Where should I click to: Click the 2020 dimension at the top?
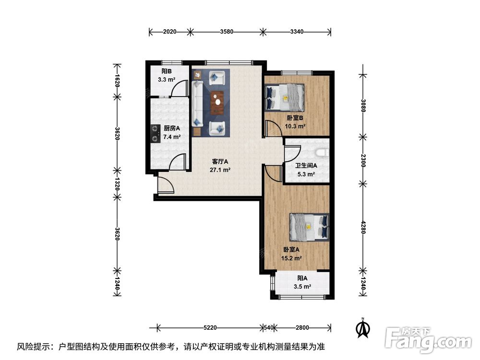[x=169, y=32]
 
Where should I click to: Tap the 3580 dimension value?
[x=227, y=32]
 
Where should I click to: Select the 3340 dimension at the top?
[x=297, y=32]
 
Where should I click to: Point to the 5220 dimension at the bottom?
[x=210, y=328]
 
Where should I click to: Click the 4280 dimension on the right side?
[x=363, y=228]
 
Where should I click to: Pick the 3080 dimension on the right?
[x=363, y=106]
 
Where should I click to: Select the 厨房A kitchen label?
[x=171, y=129]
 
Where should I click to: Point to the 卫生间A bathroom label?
[x=306, y=166]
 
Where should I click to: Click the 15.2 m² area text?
[x=291, y=258]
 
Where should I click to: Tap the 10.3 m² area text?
[x=295, y=126]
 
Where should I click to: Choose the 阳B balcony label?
[x=167, y=72]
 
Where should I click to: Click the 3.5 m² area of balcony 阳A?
[x=302, y=287]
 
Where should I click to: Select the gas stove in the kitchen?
[x=156, y=134]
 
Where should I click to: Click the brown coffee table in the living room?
[x=217, y=102]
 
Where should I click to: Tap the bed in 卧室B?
[x=285, y=97]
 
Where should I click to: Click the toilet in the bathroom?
[x=322, y=153]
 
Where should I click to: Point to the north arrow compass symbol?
[x=363, y=328]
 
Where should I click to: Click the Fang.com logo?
[x=428, y=340]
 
